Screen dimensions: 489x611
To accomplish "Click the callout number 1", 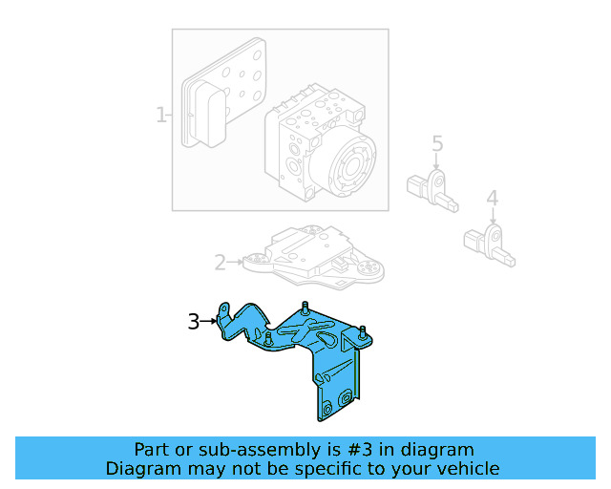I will [160, 116].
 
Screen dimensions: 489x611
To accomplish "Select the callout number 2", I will [219, 262].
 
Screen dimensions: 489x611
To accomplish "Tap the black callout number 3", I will [193, 322].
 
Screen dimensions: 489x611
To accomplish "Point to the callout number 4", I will [492, 199].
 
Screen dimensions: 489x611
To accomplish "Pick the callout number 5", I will [437, 144].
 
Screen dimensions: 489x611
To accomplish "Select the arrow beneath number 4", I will [492, 218].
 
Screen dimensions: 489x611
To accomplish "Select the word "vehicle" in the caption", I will [465, 468].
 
